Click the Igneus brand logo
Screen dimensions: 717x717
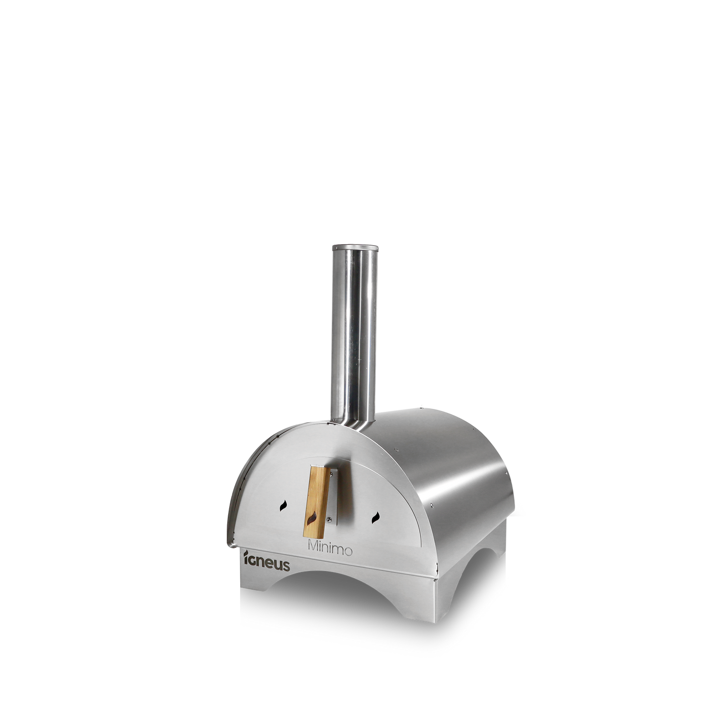[x=267, y=560]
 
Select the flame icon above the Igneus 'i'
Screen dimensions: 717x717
[x=246, y=554]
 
